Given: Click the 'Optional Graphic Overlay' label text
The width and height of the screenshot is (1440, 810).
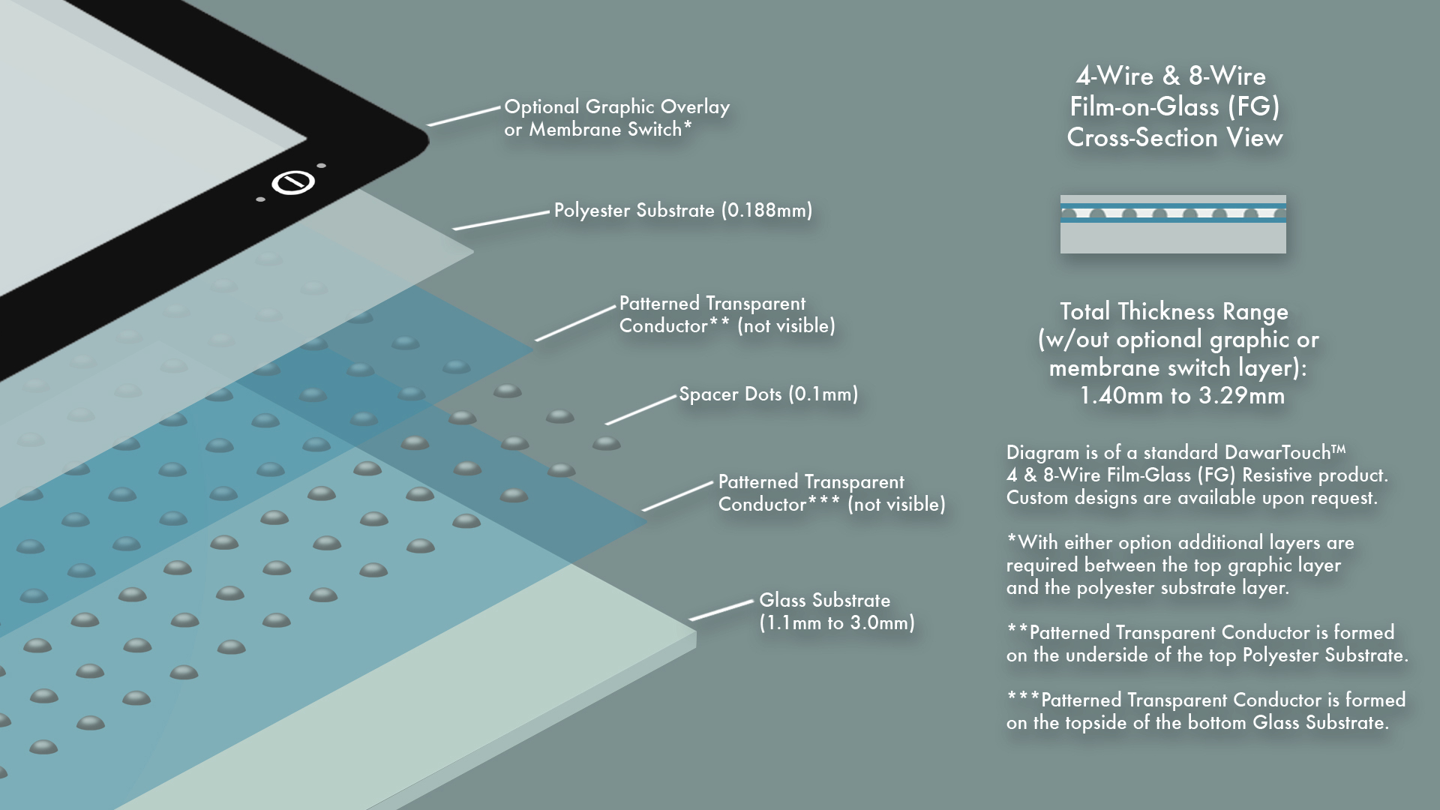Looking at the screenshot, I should [616, 107].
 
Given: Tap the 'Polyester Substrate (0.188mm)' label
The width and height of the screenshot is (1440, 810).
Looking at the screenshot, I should [682, 210].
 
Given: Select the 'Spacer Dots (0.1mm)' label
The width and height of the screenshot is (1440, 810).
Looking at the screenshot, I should [768, 394].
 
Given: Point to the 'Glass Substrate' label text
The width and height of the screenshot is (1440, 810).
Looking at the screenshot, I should [824, 600].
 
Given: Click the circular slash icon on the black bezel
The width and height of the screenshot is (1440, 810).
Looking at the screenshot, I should [292, 182].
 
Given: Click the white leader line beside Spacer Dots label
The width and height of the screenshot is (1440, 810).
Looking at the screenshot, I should [640, 410].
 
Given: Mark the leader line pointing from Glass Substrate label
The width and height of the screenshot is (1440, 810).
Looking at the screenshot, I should [721, 610].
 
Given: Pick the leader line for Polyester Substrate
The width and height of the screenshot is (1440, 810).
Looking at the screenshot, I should [501, 220].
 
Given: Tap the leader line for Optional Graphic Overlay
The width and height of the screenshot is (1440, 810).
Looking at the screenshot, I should [463, 116].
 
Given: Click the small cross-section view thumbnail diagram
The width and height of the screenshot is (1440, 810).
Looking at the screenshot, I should [1172, 224].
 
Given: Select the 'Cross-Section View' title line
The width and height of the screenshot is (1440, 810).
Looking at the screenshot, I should [1174, 138].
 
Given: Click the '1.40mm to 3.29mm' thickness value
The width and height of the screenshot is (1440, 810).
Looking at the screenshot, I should [1181, 396].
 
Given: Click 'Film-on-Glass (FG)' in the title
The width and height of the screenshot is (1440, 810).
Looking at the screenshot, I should [1174, 106].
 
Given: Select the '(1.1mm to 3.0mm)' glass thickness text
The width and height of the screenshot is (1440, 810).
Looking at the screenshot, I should [836, 623].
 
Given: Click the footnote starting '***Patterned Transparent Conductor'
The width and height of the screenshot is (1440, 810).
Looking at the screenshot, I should [1205, 711].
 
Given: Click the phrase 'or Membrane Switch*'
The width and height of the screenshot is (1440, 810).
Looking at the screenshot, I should [598, 130].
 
